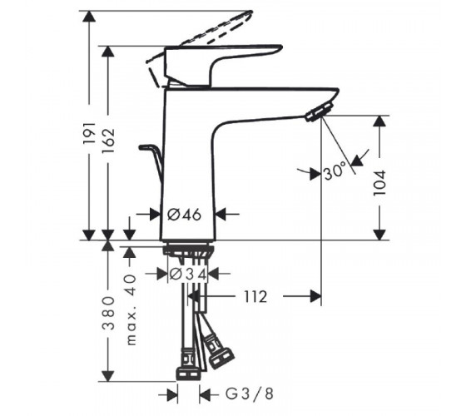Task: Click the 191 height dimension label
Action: (90, 132)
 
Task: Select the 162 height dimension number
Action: (108, 137)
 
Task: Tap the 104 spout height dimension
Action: (379, 182)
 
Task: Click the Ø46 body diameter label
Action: (184, 215)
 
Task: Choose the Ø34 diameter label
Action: (188, 275)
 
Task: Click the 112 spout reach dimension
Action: (255, 296)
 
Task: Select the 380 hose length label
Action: (108, 313)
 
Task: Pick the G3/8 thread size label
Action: (249, 394)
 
